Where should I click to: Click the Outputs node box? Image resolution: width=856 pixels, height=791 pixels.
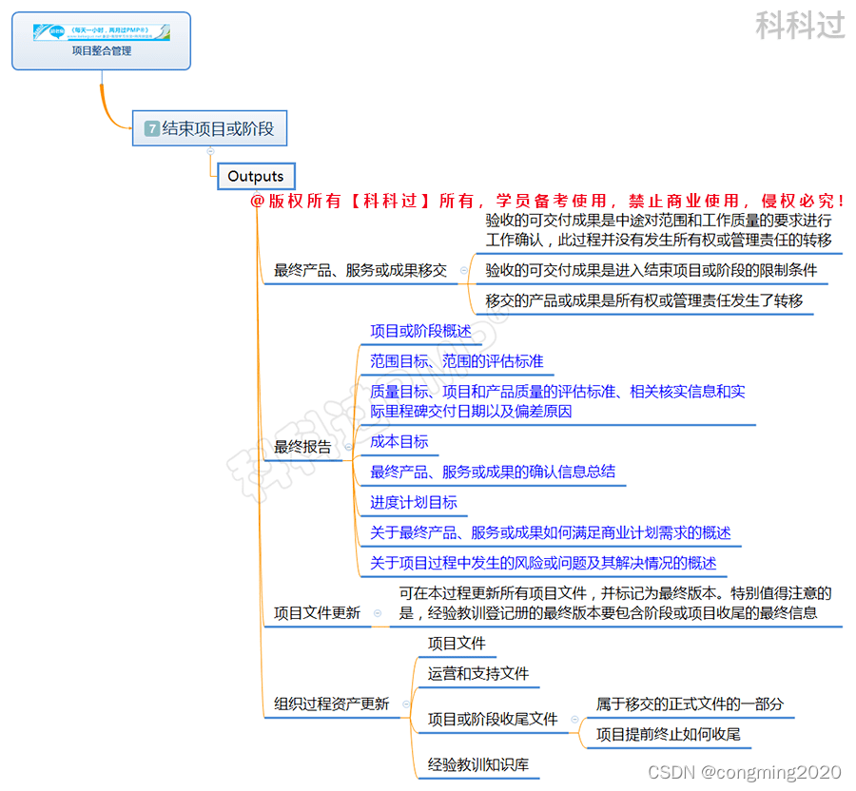(x=256, y=176)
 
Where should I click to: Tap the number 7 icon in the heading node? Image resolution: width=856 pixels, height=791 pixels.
(x=152, y=128)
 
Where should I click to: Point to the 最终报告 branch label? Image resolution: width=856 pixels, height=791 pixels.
(x=302, y=447)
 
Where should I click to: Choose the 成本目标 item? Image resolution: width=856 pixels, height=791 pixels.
(x=399, y=441)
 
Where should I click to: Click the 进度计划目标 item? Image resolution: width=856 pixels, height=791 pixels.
(x=414, y=502)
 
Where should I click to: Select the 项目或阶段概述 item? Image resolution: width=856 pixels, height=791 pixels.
(x=420, y=331)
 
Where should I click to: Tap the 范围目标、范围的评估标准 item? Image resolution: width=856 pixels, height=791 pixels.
(x=457, y=361)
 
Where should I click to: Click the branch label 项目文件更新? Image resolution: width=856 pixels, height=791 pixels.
(x=317, y=613)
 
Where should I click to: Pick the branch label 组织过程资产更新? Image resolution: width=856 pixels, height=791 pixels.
(x=331, y=704)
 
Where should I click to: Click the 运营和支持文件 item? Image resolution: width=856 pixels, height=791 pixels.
(x=477, y=673)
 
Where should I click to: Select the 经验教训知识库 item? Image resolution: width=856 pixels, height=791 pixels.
(x=477, y=764)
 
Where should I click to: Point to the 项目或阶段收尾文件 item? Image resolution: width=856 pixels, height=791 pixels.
(x=492, y=720)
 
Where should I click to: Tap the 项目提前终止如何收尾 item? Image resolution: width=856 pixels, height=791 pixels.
(x=668, y=734)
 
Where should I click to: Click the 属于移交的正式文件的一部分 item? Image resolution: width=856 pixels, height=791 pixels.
(x=690, y=704)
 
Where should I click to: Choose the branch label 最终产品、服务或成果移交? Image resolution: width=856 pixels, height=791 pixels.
(x=360, y=270)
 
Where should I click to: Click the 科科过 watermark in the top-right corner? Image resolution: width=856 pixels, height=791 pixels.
(x=800, y=26)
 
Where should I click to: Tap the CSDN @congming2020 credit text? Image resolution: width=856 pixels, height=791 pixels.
(x=745, y=772)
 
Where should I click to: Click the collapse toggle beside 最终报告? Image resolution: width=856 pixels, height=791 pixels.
(x=348, y=447)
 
